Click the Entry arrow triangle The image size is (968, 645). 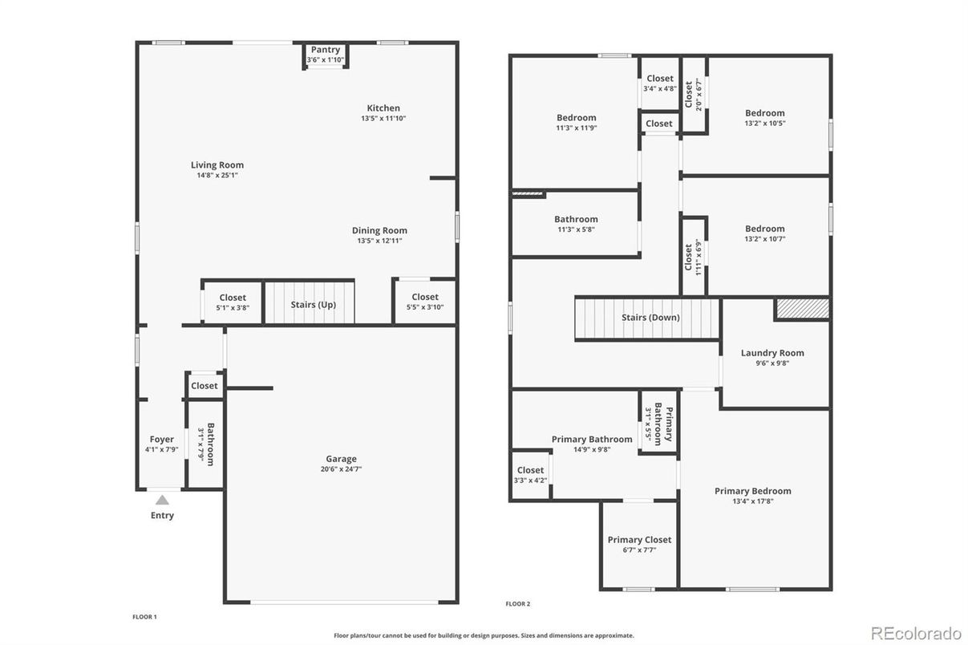pos(162,500)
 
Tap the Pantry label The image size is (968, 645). pos(326,50)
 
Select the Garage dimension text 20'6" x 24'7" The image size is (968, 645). pos(341,469)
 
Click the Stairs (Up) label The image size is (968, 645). pos(314,305)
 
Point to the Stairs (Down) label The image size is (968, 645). pos(650,318)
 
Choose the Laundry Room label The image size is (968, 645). pos(772,353)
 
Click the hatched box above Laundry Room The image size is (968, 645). pos(803,309)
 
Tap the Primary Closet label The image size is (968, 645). pos(639,540)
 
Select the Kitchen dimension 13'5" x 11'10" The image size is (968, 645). pos(383,119)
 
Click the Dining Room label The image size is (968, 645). pos(379,231)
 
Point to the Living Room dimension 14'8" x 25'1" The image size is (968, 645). pos(217,176)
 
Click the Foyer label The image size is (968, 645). pos(162,440)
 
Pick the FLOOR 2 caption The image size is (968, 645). pos(518,604)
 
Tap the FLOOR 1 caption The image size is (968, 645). pos(145,617)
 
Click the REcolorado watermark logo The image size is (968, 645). pos(916,633)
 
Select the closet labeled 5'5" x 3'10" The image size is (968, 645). pos(425,302)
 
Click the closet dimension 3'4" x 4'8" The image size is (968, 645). pos(660,89)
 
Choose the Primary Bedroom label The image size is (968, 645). pos(753,491)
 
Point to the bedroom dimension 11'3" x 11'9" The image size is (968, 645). pos(577,128)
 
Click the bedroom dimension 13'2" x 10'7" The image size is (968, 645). pos(765,239)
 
